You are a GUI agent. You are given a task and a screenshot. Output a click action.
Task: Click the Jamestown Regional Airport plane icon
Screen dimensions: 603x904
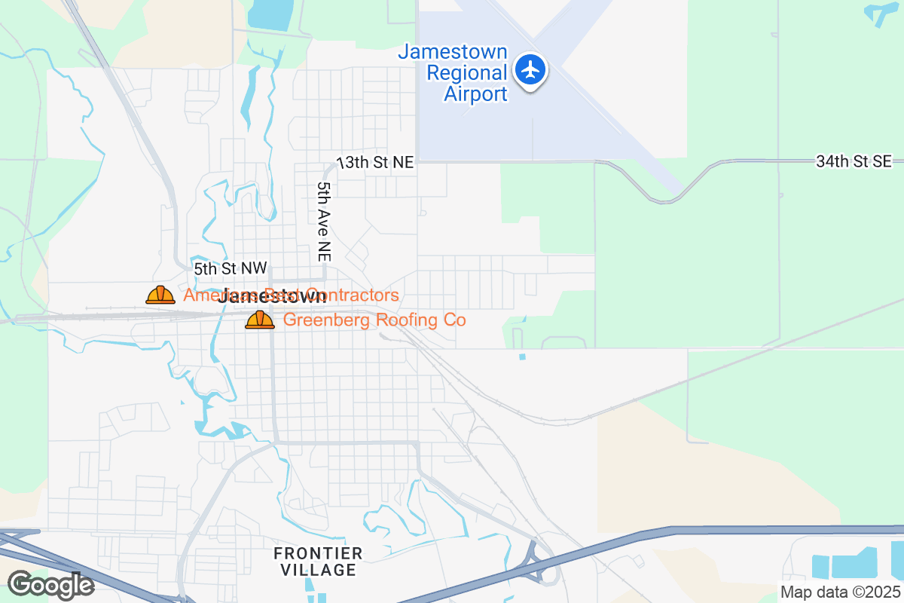(531, 70)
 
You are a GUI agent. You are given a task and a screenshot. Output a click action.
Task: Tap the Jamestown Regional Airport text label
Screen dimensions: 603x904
(453, 73)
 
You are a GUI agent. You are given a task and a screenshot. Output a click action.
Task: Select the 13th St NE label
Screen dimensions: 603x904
(376, 162)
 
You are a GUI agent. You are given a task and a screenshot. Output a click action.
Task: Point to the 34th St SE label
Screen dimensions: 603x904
(854, 161)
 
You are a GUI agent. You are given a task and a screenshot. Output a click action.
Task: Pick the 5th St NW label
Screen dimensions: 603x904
(230, 268)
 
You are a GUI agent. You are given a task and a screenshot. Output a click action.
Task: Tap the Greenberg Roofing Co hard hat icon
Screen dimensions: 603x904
(260, 320)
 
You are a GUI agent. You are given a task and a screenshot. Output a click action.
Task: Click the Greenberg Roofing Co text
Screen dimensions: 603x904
(374, 320)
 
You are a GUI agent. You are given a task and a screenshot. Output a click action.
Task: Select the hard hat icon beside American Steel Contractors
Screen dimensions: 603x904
(160, 295)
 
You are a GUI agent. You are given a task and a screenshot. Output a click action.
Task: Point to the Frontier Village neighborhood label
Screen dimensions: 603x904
(318, 562)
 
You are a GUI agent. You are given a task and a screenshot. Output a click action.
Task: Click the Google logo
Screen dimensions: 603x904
(50, 584)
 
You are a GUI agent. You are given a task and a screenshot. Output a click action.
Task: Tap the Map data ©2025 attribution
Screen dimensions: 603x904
(840, 592)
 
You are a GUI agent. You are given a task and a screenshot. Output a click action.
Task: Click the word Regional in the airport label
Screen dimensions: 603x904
(467, 73)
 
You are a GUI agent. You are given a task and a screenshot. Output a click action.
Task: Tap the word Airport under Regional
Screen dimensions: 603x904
(475, 94)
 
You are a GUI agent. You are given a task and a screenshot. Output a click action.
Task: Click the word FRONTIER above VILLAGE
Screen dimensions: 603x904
(318, 553)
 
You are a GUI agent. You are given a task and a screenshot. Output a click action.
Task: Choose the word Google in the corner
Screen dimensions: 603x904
(50, 584)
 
